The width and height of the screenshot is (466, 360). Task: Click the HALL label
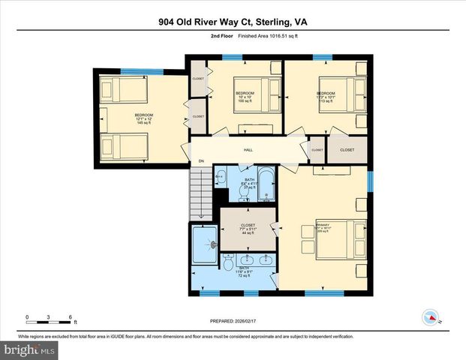coord(248,150)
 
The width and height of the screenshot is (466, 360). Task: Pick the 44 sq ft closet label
coord(247,228)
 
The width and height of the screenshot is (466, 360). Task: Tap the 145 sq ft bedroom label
coord(143,119)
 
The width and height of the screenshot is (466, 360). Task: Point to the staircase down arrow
coord(200,213)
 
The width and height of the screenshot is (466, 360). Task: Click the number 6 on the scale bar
coord(71,316)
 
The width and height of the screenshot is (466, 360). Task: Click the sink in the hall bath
coord(221,178)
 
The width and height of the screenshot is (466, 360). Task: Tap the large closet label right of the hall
coord(347,150)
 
